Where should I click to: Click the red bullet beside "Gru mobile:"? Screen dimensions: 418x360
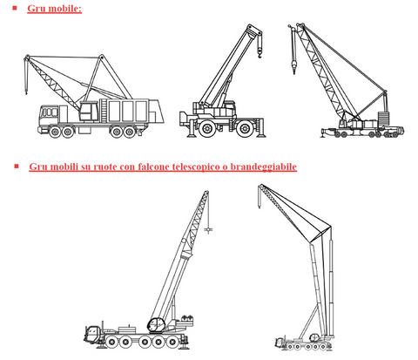tap(15, 8)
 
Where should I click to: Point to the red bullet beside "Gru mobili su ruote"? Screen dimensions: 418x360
tap(17, 166)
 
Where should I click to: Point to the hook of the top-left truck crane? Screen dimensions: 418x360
tap(26, 92)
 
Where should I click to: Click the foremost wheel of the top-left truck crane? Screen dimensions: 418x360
tap(55, 132)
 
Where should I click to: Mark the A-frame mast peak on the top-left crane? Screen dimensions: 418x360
tap(101, 56)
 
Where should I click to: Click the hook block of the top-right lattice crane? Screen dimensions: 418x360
tap(293, 65)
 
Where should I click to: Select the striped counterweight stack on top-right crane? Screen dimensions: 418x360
tap(383, 118)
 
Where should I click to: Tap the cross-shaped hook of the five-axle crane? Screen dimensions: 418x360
tap(208, 230)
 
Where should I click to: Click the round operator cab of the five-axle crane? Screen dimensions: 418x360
tap(157, 325)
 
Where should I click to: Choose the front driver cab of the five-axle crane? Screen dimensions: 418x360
tap(93, 333)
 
